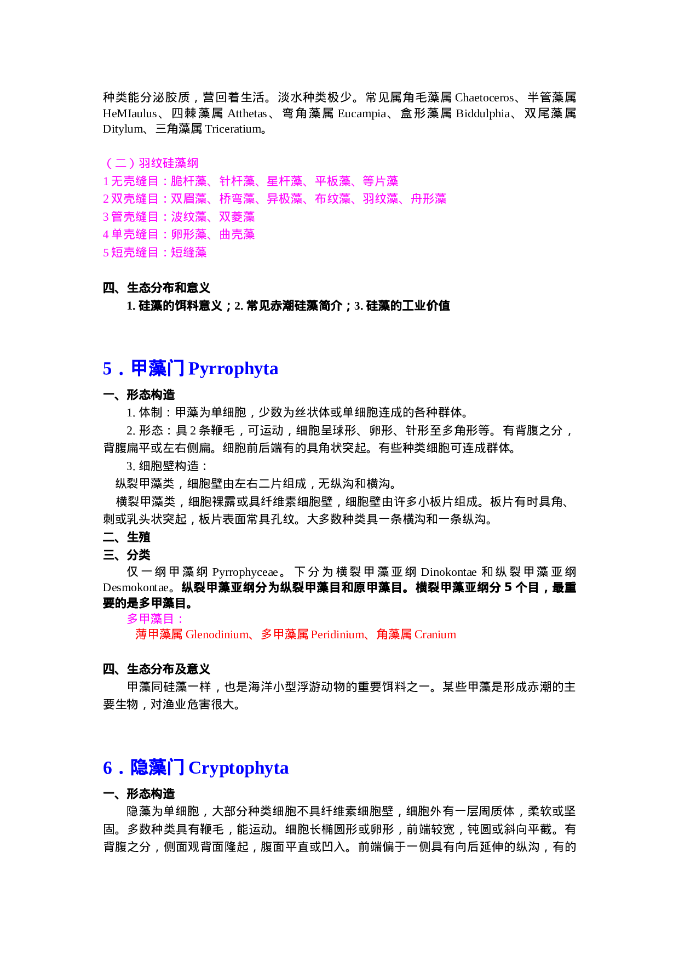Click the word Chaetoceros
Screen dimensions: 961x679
484,98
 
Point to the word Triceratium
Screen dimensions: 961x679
233,129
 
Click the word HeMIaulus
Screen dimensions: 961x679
130,113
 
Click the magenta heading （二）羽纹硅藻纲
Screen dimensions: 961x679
151,163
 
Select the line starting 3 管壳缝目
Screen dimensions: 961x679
179,217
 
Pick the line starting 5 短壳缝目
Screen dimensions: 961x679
154,253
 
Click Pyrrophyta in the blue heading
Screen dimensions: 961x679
233,369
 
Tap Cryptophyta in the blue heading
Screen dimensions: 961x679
238,768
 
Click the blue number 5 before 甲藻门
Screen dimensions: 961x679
107,369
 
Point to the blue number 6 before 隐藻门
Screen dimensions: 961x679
107,769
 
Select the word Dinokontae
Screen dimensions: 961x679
448,572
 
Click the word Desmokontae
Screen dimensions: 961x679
135,588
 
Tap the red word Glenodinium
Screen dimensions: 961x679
217,634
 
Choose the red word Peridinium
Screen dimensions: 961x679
337,634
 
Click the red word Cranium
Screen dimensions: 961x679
435,634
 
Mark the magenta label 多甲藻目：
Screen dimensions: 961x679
156,619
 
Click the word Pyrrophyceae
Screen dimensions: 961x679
245,572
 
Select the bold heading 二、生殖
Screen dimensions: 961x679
126,537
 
